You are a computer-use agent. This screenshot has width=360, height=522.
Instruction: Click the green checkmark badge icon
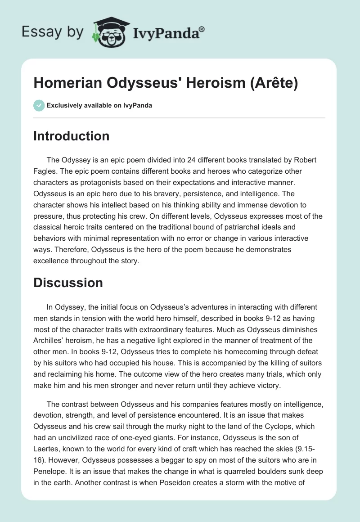click(39, 105)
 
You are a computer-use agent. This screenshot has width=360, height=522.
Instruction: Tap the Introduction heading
click(71, 136)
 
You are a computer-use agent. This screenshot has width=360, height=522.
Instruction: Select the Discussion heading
click(68, 282)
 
